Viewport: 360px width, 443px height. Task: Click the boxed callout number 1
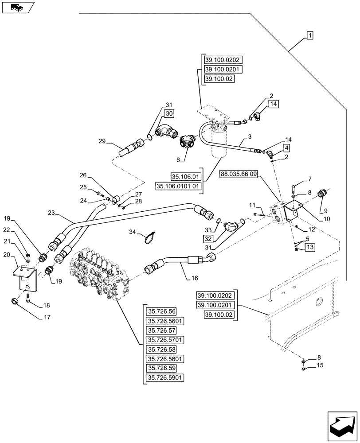point(310,35)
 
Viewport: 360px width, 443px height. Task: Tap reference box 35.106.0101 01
point(179,187)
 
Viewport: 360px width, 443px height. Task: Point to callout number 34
point(133,232)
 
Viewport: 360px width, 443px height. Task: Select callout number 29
point(102,141)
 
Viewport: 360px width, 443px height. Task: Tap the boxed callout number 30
point(168,114)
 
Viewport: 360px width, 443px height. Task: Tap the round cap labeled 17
point(15,302)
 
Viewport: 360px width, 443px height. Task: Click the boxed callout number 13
point(309,247)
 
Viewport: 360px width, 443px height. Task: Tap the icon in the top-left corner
point(17,7)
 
